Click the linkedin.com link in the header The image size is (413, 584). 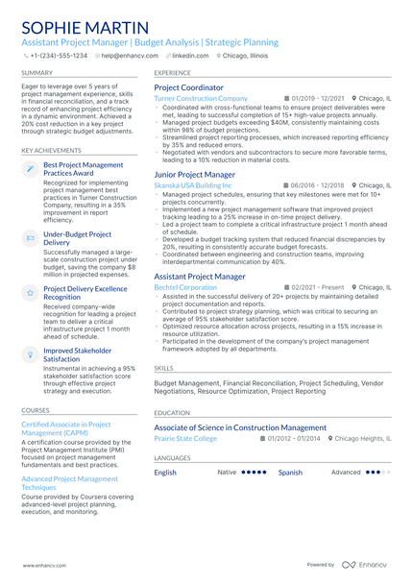[189, 56]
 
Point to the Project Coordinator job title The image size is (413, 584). [188, 87]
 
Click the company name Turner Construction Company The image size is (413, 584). [201, 98]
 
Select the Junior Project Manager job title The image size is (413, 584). [194, 175]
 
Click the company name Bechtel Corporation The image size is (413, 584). [185, 287]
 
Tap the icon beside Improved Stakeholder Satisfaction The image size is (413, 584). [30, 354]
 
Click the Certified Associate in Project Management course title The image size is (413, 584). [65, 427]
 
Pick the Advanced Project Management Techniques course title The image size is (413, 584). [69, 482]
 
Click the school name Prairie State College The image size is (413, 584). [185, 438]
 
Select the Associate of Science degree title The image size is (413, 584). [240, 427]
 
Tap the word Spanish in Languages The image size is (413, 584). [290, 473]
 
